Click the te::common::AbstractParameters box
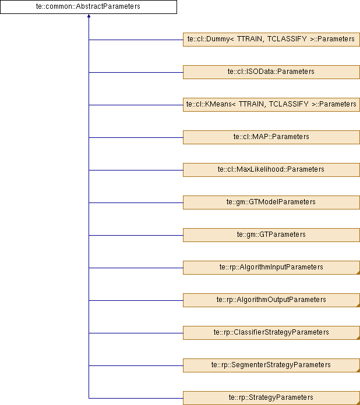[x=89, y=7]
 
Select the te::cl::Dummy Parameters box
[x=271, y=40]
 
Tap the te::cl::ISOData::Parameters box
[x=271, y=72]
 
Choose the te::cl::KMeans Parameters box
[x=271, y=105]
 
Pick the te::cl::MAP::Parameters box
[x=271, y=137]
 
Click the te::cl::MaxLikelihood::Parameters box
[x=271, y=170]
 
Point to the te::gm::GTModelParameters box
[x=271, y=202]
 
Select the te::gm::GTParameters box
[x=271, y=235]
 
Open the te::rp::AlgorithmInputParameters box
[x=271, y=267]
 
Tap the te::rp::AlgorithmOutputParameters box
[x=271, y=300]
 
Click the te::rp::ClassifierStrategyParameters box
[x=271, y=332]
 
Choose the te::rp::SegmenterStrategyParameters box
[x=271, y=365]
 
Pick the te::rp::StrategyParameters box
[x=271, y=398]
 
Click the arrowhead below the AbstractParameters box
[x=89, y=16]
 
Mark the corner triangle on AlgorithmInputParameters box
[x=358, y=273]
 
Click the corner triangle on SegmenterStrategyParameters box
[x=358, y=371]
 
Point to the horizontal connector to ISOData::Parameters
[x=136, y=72]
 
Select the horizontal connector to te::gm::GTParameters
[x=136, y=235]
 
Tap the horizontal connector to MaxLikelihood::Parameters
[x=136, y=170]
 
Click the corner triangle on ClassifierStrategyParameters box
[x=358, y=338]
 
